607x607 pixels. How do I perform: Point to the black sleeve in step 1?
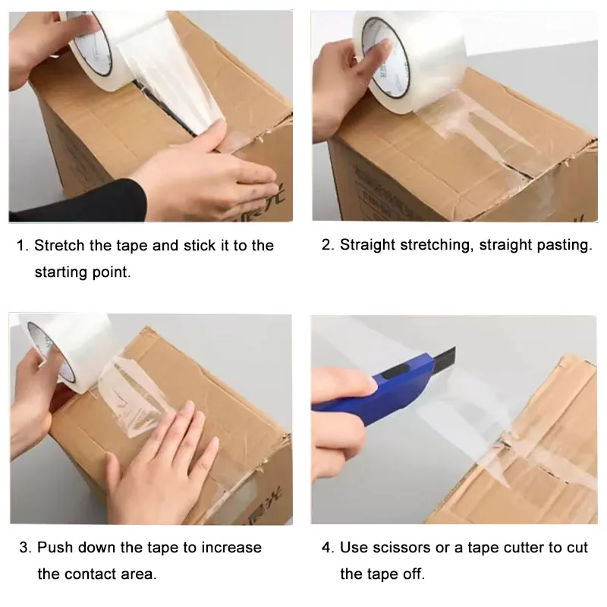[x=77, y=201]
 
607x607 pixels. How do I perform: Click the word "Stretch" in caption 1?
[x=59, y=245]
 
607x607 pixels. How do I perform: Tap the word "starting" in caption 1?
[x=61, y=272]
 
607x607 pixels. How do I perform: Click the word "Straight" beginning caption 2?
[x=367, y=245]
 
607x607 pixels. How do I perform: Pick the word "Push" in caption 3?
[x=55, y=547]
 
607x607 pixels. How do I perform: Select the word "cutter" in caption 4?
[x=522, y=548]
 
